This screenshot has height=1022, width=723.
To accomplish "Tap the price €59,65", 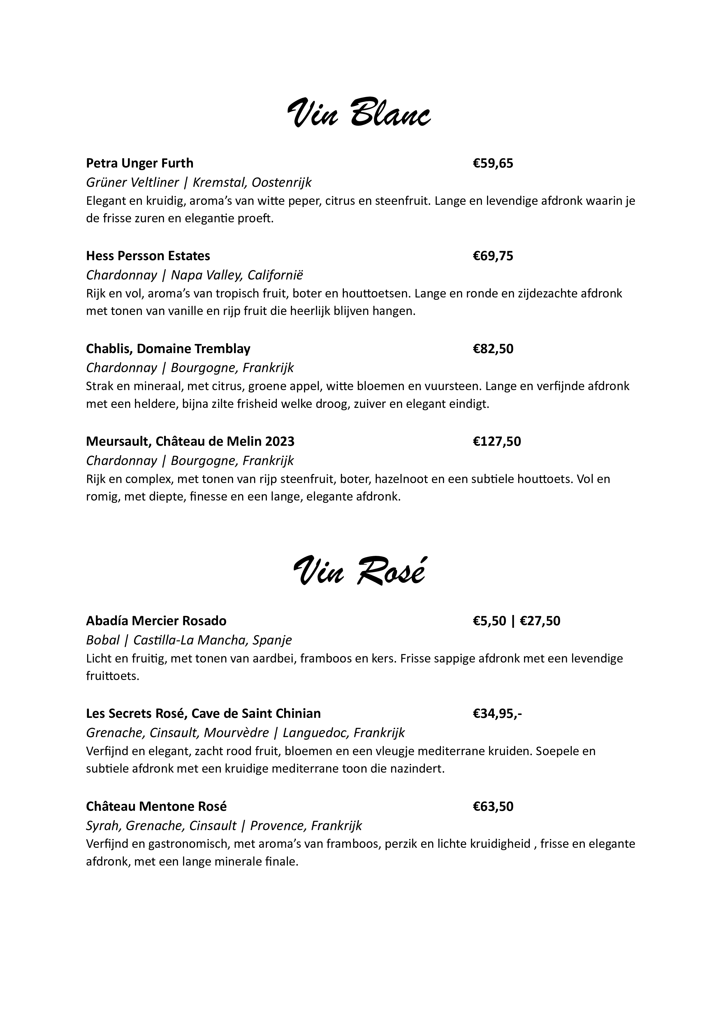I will click(493, 163).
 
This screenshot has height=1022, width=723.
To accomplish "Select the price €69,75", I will click(493, 256).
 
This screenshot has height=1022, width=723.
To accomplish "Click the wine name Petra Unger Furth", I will click(139, 163).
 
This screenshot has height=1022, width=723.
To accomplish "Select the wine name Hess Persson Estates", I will click(148, 256).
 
